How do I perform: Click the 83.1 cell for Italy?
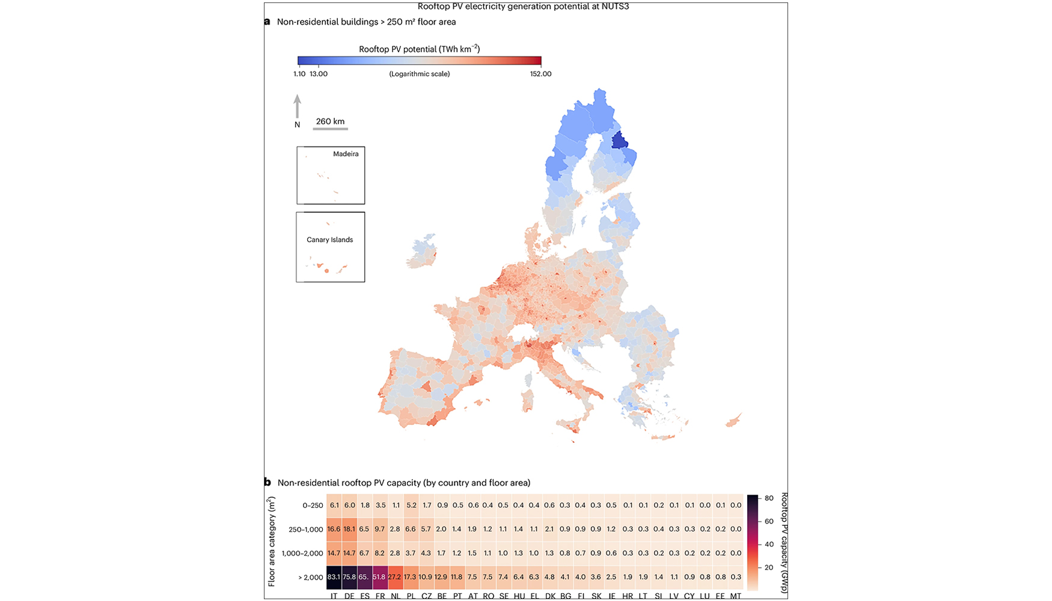(x=334, y=576)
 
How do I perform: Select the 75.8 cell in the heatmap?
(x=349, y=576)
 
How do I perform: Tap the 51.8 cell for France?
(x=380, y=576)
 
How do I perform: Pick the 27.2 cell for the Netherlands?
(x=395, y=576)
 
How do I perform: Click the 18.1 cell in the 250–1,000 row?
(x=349, y=529)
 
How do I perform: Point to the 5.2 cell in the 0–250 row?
(x=411, y=505)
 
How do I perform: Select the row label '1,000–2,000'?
(x=302, y=553)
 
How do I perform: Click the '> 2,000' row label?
(x=311, y=577)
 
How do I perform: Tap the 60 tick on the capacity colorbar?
(x=769, y=521)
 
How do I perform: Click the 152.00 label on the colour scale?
(x=540, y=74)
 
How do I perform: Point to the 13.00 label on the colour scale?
(x=319, y=74)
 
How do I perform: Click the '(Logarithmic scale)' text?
(x=420, y=74)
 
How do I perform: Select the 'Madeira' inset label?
(x=346, y=154)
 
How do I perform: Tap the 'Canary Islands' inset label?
(x=329, y=240)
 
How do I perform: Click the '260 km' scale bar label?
(x=330, y=121)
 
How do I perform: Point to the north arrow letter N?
(x=297, y=125)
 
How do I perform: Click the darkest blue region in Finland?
(x=619, y=141)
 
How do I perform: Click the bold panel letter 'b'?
(x=267, y=482)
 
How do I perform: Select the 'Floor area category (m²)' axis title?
(x=271, y=541)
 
